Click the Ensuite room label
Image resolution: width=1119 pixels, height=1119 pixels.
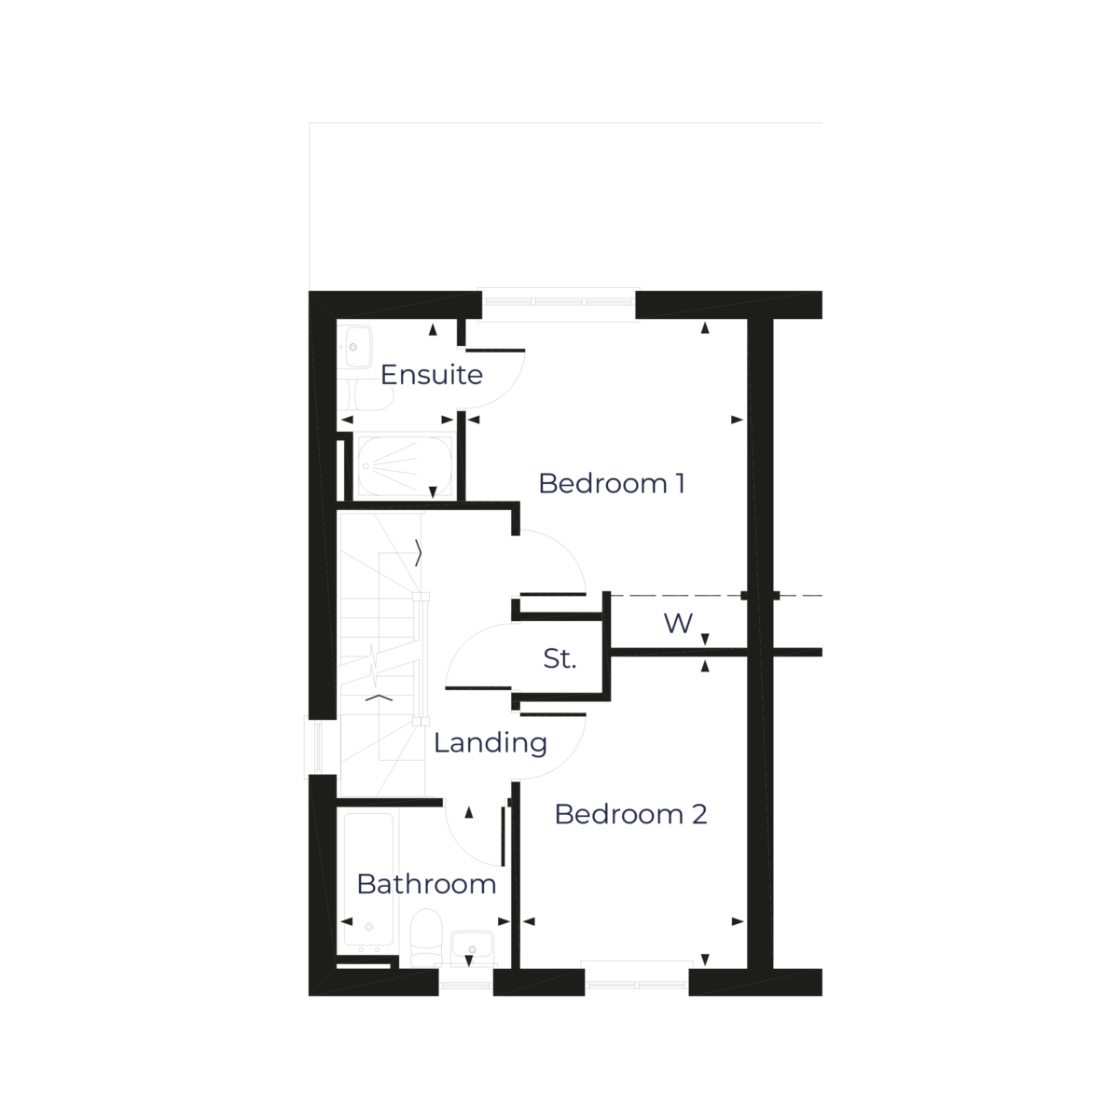[432, 376]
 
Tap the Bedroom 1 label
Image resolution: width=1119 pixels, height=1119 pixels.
[612, 484]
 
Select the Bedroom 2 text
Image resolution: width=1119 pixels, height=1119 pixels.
[630, 814]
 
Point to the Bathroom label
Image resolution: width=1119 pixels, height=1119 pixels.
[426, 884]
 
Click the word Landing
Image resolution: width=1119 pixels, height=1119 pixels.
[490, 743]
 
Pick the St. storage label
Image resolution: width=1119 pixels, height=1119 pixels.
[559, 660]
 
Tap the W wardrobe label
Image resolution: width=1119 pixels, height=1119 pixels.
[678, 623]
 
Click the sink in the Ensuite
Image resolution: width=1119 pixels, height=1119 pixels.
[354, 345]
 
